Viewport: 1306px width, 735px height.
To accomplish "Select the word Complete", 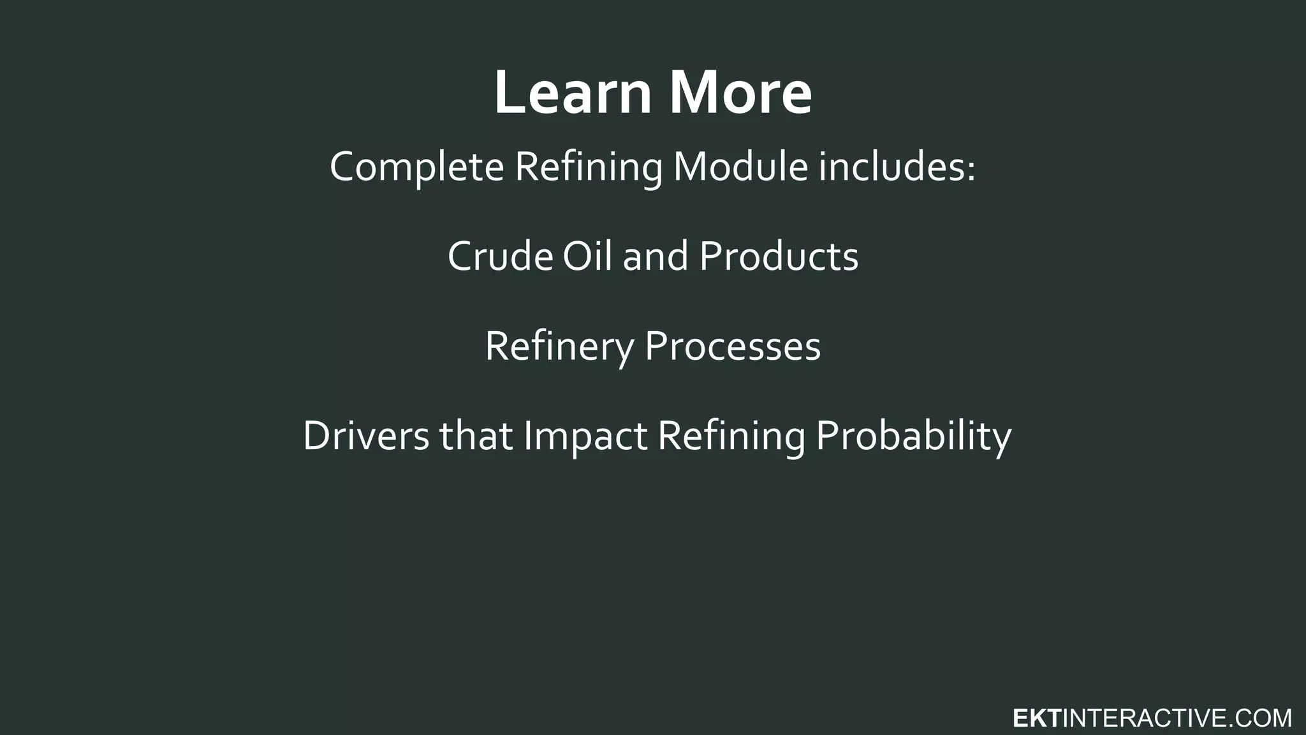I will click(416, 167).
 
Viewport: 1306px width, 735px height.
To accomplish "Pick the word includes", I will click(891, 167).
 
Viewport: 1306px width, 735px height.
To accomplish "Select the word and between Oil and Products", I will click(656, 256).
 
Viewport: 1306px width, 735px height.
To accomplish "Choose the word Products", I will click(779, 256).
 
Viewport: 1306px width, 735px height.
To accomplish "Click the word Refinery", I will click(559, 347).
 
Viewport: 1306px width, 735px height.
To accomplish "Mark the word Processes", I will click(732, 347).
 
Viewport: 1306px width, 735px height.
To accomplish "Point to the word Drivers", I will click(366, 436).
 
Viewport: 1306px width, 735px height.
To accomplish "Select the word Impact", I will click(585, 436).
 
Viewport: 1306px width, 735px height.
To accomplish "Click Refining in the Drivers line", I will click(731, 436).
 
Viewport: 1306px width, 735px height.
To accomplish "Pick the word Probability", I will click(913, 436).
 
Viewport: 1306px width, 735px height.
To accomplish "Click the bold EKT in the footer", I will click(1036, 718).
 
